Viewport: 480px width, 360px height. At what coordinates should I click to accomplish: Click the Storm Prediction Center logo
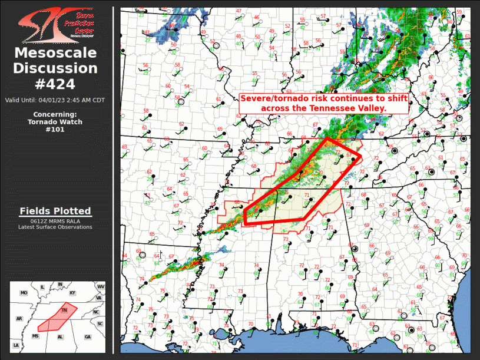[x=56, y=25]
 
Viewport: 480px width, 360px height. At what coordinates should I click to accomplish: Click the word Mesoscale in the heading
[x=55, y=53]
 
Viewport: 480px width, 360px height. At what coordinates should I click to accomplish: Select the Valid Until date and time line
[x=55, y=100]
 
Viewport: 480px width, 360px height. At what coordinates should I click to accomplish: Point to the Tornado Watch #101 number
[x=55, y=130]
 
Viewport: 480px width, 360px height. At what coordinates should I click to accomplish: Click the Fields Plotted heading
[x=55, y=211]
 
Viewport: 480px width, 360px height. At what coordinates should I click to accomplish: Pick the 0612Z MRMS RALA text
[x=55, y=221]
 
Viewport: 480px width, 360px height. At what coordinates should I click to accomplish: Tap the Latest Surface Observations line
[x=55, y=227]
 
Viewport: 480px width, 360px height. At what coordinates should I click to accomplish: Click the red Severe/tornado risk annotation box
[x=323, y=104]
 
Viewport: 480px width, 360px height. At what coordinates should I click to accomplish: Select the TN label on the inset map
[x=65, y=310]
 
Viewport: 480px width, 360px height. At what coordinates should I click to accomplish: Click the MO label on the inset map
[x=24, y=293]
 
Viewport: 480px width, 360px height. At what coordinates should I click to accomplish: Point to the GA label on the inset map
[x=88, y=336]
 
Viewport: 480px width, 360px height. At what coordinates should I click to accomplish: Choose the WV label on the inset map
[x=101, y=286]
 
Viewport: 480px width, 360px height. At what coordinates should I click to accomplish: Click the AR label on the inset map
[x=19, y=319]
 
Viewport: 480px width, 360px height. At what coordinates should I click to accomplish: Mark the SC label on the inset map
[x=100, y=323]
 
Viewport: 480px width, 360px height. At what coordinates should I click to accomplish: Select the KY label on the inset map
[x=72, y=293]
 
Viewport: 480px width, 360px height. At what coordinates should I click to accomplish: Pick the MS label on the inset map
[x=35, y=336]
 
